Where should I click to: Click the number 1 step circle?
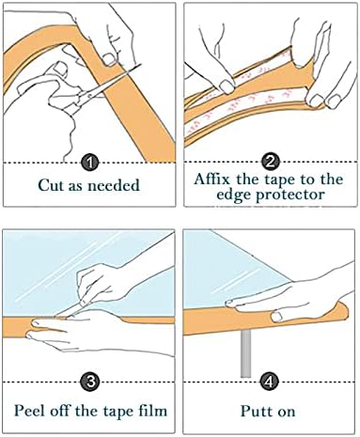point(90,162)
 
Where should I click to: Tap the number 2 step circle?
point(271,162)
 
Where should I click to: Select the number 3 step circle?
point(90,382)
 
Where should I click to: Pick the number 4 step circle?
point(271,382)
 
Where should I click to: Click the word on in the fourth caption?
point(290,411)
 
